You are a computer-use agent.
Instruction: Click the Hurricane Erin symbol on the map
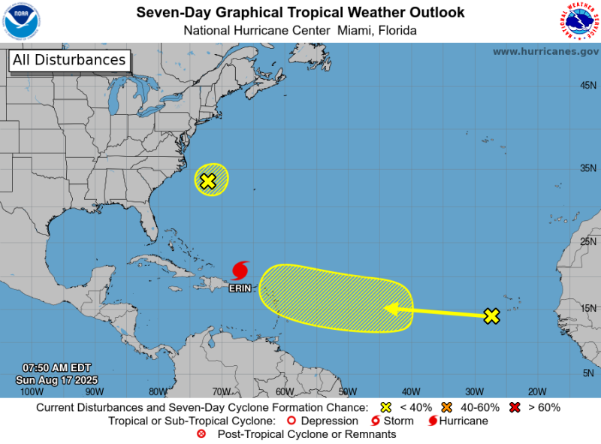click(240, 270)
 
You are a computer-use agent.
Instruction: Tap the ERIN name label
click(240, 287)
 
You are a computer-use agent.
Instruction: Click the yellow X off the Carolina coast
click(208, 180)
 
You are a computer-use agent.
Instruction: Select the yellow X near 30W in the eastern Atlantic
click(491, 316)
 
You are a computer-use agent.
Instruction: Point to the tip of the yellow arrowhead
click(385, 307)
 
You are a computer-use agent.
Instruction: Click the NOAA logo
click(22, 21)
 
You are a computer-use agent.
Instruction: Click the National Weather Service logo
click(578, 21)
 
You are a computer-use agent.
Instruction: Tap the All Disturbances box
click(68, 60)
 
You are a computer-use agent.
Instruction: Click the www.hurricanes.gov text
click(545, 51)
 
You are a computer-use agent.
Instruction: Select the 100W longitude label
click(31, 391)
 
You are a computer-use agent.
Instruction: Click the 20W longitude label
click(536, 391)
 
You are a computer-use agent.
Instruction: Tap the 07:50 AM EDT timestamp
click(56, 368)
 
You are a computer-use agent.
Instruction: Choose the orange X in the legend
click(446, 407)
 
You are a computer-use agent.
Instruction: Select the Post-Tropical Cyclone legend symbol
click(201, 434)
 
